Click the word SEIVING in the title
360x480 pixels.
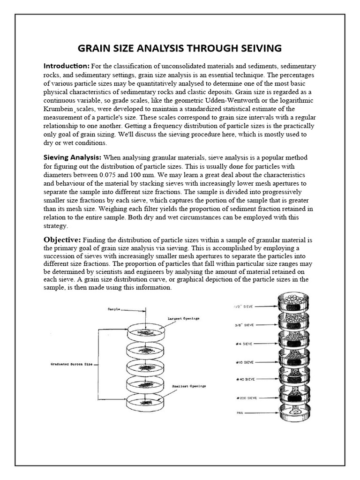point(254,48)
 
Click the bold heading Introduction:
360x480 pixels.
point(66,66)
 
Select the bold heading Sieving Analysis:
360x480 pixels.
point(73,157)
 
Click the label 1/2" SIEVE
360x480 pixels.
point(243,307)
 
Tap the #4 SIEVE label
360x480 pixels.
point(245,344)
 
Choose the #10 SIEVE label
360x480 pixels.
point(244,362)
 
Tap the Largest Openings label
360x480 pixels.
point(184,319)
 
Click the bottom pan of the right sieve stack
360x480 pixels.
point(295,414)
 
